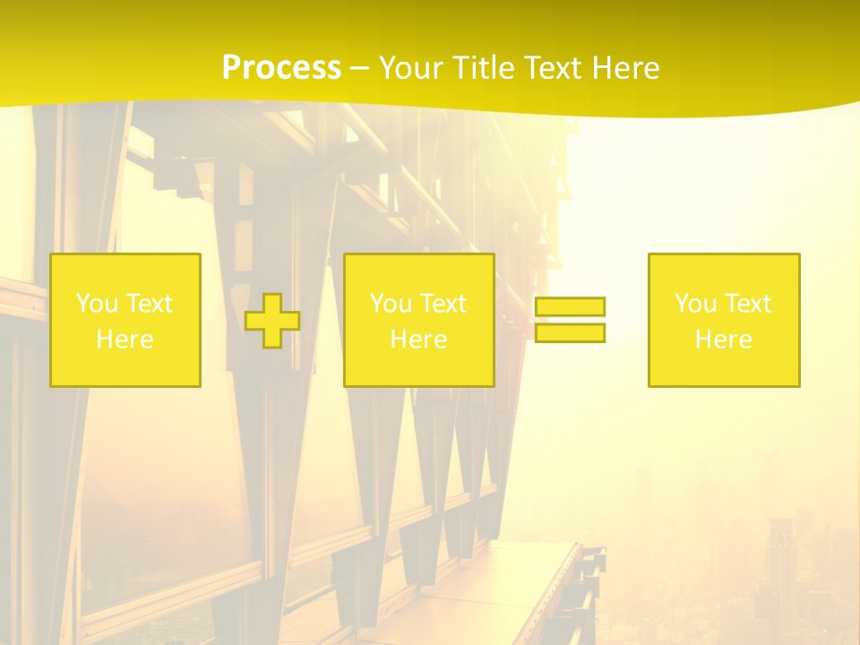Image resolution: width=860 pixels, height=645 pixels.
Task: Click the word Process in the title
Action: (281, 68)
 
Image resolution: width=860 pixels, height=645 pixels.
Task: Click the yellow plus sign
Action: (272, 321)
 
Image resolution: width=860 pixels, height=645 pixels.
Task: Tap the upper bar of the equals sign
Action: (570, 306)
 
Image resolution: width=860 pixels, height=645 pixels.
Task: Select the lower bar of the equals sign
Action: (570, 333)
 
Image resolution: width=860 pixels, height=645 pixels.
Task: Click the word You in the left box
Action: (97, 304)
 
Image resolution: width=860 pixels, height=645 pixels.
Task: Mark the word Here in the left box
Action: (125, 340)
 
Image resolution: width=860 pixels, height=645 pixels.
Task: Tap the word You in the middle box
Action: (391, 304)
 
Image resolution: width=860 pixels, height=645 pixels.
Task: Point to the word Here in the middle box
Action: (418, 340)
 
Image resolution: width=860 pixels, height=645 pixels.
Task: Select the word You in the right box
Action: (695, 304)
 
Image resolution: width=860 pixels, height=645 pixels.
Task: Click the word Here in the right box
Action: (723, 340)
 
